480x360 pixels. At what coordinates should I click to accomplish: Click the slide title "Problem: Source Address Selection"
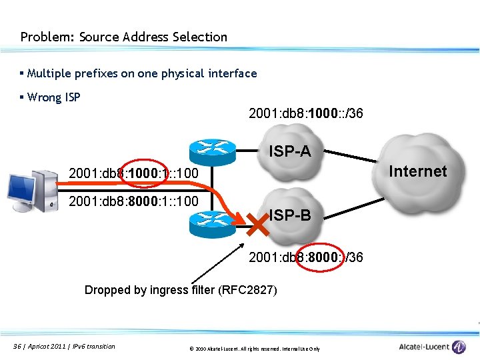pos(123,37)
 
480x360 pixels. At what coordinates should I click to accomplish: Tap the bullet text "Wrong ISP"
pos(54,97)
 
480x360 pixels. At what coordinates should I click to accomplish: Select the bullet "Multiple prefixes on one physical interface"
pos(142,73)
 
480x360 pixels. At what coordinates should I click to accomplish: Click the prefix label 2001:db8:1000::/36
pos(305,113)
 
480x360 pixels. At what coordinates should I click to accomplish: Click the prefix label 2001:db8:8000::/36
pos(305,257)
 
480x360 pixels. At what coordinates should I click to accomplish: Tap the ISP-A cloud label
pos(289,152)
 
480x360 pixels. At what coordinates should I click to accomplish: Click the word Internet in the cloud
pos(417,171)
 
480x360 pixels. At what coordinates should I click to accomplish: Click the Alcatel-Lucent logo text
pos(424,347)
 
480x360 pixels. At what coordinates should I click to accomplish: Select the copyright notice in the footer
pos(254,349)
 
